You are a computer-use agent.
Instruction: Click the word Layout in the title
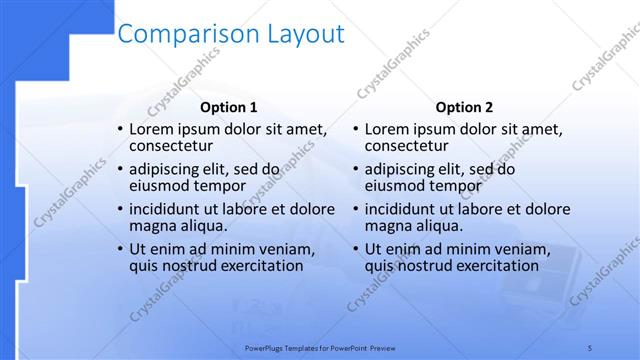(303, 34)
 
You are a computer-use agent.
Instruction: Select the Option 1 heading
(228, 107)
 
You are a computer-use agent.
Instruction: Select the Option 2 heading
(465, 107)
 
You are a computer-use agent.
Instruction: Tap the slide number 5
(590, 346)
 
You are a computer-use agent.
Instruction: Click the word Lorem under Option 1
(153, 130)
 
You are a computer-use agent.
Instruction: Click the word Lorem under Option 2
(389, 130)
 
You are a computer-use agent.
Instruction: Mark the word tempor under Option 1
(220, 186)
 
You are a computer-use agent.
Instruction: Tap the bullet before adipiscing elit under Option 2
(356, 170)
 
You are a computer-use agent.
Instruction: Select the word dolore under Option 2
(549, 210)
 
